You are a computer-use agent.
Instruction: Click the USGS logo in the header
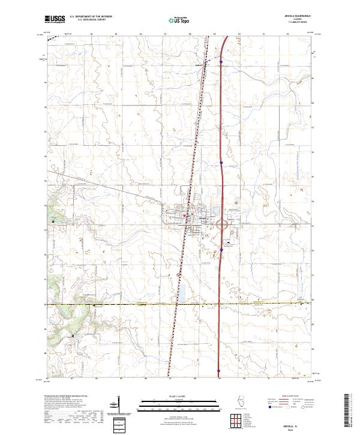[x=55, y=20]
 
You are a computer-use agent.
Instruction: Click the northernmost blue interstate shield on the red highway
[x=221, y=61]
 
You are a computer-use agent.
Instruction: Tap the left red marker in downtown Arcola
[x=185, y=215]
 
